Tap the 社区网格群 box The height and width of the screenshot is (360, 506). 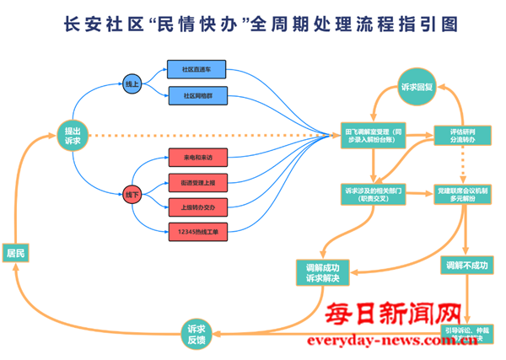(196, 96)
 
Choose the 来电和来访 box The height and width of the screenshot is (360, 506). (196, 158)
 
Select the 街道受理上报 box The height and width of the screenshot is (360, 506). (196, 182)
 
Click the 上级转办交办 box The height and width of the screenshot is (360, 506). (196, 206)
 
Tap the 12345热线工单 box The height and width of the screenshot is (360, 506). (196, 230)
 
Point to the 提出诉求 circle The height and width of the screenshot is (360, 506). (73, 135)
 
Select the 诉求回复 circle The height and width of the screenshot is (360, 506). (417, 85)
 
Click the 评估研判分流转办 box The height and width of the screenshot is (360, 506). (462, 135)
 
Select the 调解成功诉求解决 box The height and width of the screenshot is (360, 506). (321, 271)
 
